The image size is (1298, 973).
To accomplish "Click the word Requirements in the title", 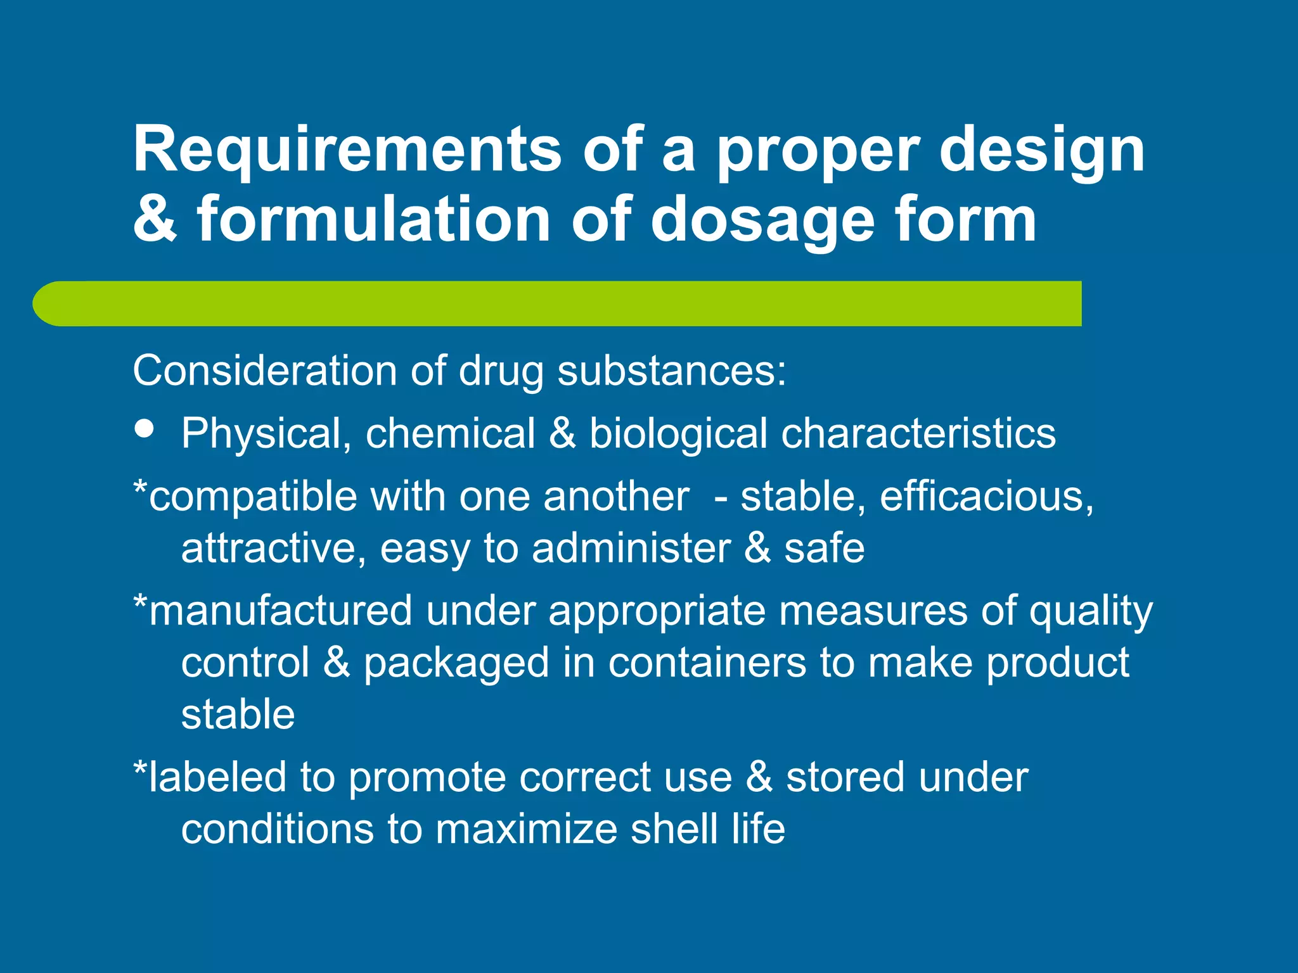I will point(347,149).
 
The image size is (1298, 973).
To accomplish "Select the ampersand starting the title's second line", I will point(155,219).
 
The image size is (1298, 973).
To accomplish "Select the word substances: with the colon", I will point(671,371).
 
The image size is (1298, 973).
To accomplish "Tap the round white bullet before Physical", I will point(145,429).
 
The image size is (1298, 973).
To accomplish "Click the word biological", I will point(678,435).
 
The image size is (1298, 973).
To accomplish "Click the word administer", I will point(631,549).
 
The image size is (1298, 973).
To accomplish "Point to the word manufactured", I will point(281,611).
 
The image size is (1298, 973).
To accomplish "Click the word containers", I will point(707,663).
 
